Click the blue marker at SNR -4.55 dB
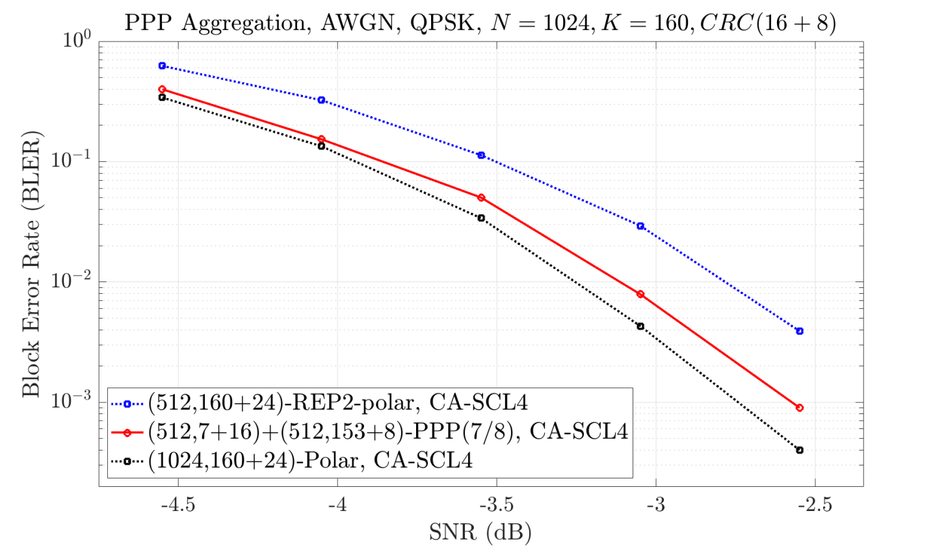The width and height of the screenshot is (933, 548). click(162, 66)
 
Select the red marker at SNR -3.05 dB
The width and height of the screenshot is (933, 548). click(640, 294)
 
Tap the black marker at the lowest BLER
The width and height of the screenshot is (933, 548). click(800, 450)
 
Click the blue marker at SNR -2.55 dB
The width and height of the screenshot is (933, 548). click(800, 331)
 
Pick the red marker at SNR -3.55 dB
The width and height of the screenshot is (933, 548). click(481, 198)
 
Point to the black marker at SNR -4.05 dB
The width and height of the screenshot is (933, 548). click(321, 146)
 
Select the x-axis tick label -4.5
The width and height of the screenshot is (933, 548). click(177, 505)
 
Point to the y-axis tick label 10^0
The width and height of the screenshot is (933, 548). click(76, 40)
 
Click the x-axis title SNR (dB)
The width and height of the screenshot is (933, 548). click(480, 532)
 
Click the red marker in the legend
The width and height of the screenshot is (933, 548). click(128, 432)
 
